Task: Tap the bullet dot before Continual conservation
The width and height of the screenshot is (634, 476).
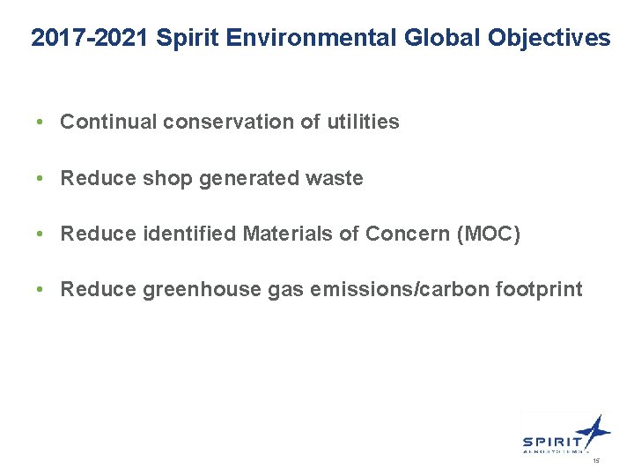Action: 41,123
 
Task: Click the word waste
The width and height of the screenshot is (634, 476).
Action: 334,179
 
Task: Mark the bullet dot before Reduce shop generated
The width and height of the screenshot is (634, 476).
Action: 41,179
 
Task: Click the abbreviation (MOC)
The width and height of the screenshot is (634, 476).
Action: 484,234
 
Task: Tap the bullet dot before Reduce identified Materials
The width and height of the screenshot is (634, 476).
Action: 41,234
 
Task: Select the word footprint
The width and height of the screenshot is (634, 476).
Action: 538,290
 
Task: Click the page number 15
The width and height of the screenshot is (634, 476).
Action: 596,461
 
